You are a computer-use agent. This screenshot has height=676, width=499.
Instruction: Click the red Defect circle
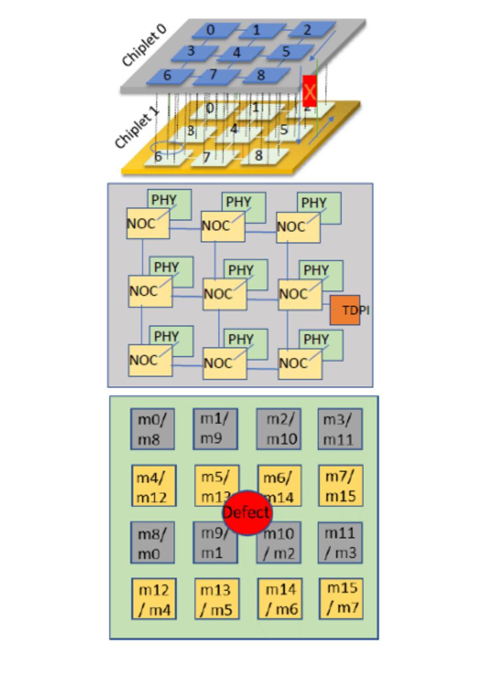pos(246,512)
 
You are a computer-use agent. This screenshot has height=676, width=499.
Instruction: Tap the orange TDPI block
pos(345,310)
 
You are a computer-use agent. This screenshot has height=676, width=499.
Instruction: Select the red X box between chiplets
pos(310,91)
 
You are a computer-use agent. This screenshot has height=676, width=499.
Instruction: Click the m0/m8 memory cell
pos(152,429)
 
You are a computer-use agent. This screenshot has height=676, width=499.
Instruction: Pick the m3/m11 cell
pos(340,429)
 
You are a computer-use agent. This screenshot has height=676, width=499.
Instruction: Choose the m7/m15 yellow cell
pos(341,485)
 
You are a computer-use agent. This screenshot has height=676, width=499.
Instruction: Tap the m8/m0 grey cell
pos(152,543)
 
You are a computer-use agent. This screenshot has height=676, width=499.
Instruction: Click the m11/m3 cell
pos(340,543)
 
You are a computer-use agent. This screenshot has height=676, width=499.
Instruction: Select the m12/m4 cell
pos(153,599)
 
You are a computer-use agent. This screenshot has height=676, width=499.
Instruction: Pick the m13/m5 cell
pos(217,599)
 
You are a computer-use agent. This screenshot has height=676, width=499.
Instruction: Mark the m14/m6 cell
pos(280,599)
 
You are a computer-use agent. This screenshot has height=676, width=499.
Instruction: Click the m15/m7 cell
pos(341,598)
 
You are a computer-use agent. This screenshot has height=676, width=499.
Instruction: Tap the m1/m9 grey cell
pos(215,429)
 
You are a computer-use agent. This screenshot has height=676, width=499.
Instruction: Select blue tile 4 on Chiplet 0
pos(236,52)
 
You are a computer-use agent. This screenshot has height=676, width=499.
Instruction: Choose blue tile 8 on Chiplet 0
pos(261,75)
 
